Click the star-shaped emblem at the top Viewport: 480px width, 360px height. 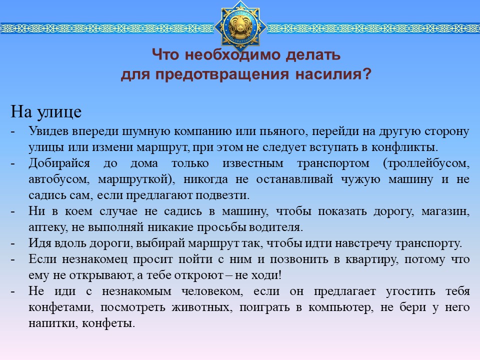[x=240, y=26]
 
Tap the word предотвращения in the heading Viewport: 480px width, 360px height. [x=222, y=74]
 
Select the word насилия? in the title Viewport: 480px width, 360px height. [x=333, y=74]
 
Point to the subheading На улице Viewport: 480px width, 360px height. [x=46, y=111]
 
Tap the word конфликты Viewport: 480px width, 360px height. [x=404, y=147]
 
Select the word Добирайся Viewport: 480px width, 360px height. [x=59, y=163]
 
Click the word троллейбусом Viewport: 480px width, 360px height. [x=426, y=163]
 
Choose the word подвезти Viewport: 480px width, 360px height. [x=222, y=195]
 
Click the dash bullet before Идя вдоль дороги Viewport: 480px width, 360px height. [x=12, y=244]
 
